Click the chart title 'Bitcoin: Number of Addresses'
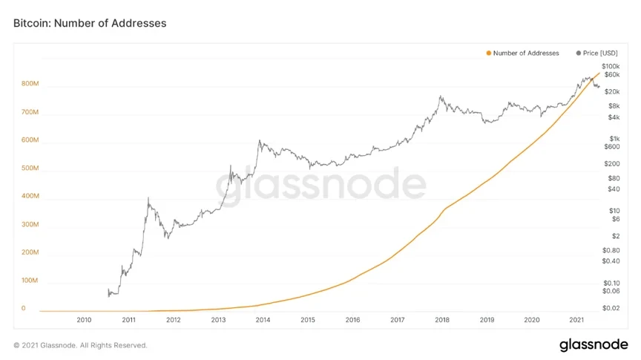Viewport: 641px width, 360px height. tap(90, 23)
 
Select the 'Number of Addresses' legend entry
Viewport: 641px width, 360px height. tap(526, 53)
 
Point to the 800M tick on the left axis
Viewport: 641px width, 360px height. tap(30, 84)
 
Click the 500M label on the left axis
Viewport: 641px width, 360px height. tap(30, 169)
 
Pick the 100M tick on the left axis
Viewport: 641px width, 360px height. tap(30, 281)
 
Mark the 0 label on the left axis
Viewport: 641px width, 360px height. tap(24, 308)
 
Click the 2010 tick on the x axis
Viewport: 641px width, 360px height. tap(84, 320)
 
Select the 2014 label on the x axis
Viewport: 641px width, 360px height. tap(263, 320)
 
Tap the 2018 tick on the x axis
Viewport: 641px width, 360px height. tap(442, 320)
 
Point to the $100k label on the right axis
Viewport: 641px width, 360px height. tap(611, 67)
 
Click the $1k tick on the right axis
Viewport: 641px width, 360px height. tap(614, 138)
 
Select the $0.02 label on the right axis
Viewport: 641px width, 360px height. tap(611, 308)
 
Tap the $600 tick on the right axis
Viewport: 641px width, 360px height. tap(613, 146)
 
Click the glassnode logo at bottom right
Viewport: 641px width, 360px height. tap(594, 345)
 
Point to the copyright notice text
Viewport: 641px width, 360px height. tap(81, 345)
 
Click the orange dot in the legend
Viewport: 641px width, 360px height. tap(488, 53)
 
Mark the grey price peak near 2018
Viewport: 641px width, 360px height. tap(441, 96)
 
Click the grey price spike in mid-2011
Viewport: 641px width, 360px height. tap(148, 198)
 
